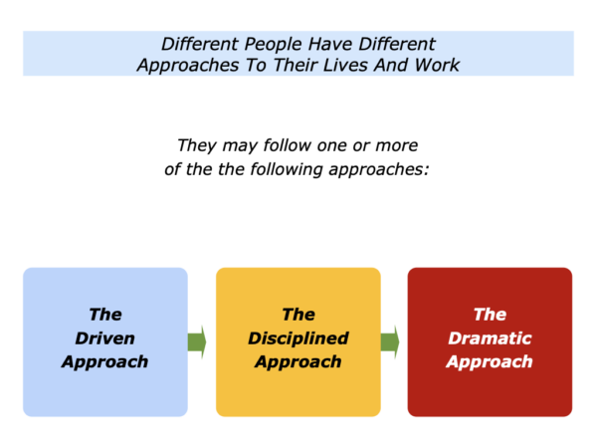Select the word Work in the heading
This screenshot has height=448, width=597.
437,65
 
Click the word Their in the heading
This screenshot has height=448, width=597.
296,65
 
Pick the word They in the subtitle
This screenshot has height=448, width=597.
197,146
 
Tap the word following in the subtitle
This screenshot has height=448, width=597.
287,169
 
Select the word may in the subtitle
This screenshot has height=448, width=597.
240,146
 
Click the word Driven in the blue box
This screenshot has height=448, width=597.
105,338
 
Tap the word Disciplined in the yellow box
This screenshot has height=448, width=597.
298,338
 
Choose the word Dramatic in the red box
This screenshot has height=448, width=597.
490,338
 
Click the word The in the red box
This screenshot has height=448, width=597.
490,315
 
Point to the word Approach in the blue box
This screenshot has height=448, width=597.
105,362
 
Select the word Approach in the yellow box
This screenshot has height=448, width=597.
298,362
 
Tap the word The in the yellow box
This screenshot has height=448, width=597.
298,315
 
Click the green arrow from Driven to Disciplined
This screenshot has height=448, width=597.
197,341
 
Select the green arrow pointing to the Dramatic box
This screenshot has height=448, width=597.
390,341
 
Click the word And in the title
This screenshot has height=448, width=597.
391,65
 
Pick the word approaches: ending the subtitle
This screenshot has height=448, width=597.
379,170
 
